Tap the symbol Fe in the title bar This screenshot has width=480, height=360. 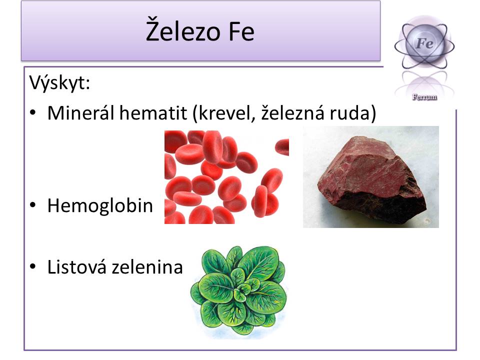coord(241,31)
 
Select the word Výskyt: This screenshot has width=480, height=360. coord(59,82)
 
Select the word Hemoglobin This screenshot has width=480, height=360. coord(100,205)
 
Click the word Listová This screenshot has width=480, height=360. coord(77,266)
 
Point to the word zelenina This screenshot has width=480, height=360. coord(147,266)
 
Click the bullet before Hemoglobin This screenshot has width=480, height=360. coord(33,205)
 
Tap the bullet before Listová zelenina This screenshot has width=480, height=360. coord(33,266)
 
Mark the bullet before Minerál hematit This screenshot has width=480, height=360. coord(33,112)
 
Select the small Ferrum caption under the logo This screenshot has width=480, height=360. coord(424,97)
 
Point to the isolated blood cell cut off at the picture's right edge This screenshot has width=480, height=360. coord(282,147)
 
